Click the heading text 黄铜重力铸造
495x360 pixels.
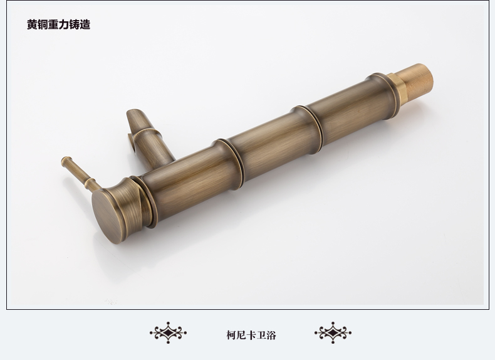(x=59, y=24)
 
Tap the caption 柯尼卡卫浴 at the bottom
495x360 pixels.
(x=251, y=335)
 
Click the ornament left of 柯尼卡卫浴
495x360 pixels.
(x=169, y=332)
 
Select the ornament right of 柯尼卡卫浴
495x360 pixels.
(x=333, y=332)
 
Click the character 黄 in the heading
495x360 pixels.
(x=32, y=24)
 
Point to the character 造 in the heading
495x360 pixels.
(x=85, y=24)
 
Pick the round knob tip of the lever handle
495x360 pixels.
(x=66, y=161)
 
